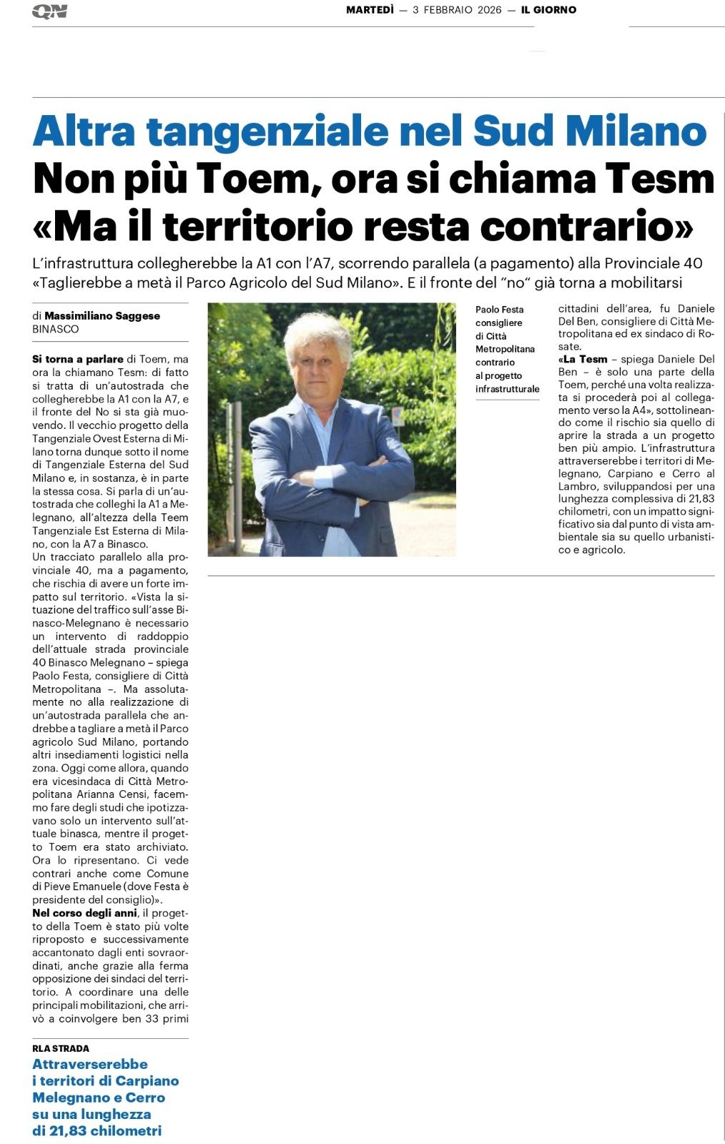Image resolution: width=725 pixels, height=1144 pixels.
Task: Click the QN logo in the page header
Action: point(49,11)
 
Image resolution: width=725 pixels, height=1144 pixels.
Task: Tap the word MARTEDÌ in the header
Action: point(370,10)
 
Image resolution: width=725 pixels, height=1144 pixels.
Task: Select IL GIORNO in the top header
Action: point(548,10)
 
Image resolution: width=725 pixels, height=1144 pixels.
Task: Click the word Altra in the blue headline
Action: point(85,131)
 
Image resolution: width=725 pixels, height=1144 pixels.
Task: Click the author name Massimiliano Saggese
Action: point(102,315)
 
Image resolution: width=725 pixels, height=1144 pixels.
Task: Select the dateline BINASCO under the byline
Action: point(56,329)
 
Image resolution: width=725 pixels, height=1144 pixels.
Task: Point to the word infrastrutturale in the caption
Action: point(507,389)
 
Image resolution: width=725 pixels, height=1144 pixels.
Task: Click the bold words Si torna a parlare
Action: point(78,359)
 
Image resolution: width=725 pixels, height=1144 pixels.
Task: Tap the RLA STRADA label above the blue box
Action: point(61,1048)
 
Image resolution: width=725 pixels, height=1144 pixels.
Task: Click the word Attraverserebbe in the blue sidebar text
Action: point(90,1064)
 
